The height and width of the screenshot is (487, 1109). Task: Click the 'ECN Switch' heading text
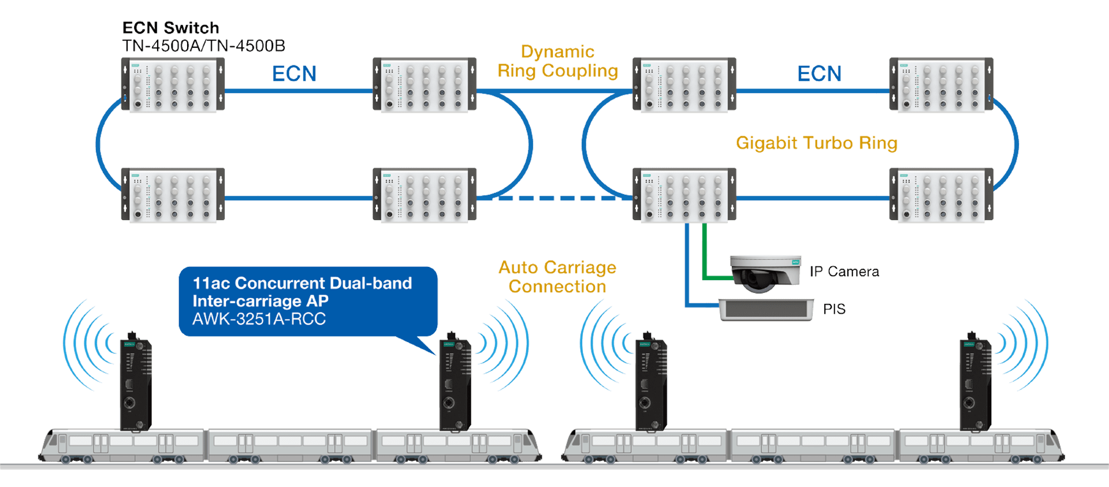click(x=170, y=28)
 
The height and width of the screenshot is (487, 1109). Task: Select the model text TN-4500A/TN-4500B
click(x=203, y=46)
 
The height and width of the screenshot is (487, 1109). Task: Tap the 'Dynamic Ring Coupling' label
click(x=557, y=61)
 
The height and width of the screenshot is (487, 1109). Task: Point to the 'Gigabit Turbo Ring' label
click(x=816, y=143)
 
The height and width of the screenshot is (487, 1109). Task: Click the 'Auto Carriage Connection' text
click(x=557, y=277)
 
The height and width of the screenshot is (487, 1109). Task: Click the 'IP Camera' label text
click(x=844, y=272)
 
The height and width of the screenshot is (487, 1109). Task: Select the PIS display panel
click(x=765, y=310)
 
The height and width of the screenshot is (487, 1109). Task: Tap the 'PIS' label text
click(x=833, y=309)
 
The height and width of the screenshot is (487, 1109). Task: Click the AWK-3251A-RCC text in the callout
click(x=259, y=319)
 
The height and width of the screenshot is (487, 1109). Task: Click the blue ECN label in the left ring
click(x=294, y=74)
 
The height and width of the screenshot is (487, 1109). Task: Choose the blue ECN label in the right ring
click(x=819, y=74)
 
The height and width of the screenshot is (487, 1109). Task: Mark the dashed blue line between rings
click(x=554, y=198)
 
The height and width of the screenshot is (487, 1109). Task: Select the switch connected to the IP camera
click(x=684, y=195)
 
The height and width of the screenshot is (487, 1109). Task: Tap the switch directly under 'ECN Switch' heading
click(x=173, y=85)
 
